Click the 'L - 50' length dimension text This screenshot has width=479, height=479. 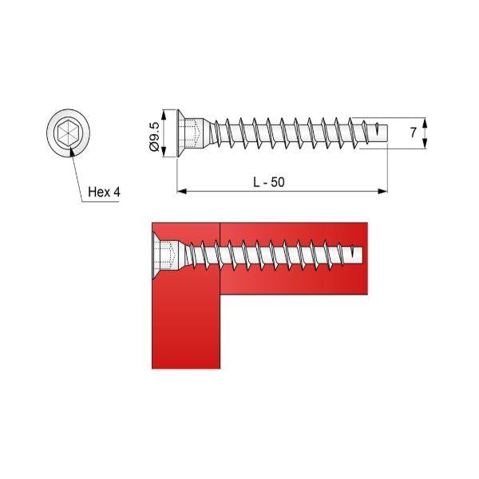coord(269,182)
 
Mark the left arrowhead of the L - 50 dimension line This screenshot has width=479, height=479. coord(180,192)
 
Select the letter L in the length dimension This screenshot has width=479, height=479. coord(257,182)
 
